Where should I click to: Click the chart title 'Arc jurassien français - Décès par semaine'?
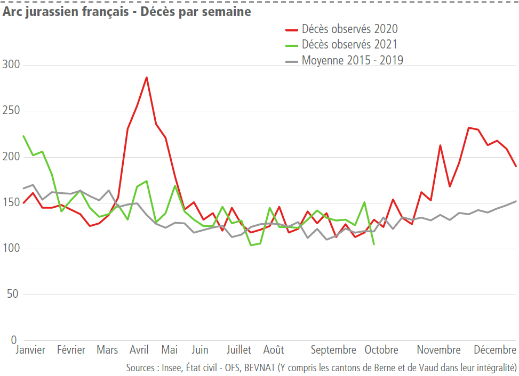pos(127,12)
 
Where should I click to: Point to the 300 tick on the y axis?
pos(10,65)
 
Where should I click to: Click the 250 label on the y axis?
pos(10,111)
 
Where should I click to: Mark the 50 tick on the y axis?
pos(12,295)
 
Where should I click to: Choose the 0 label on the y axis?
pos(14,340)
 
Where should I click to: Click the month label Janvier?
pos(30,350)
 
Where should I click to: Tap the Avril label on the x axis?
pos(139,350)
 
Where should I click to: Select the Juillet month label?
pos(238,350)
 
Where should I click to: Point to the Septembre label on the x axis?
pos(333,350)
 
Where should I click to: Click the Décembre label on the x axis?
pos(496,350)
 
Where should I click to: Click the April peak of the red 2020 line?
pos(146,77)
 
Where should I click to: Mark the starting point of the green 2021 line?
pos(23,136)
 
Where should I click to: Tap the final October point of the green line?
pos(373,244)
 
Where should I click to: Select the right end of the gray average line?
pos(516,201)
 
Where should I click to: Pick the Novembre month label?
pos(438,350)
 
